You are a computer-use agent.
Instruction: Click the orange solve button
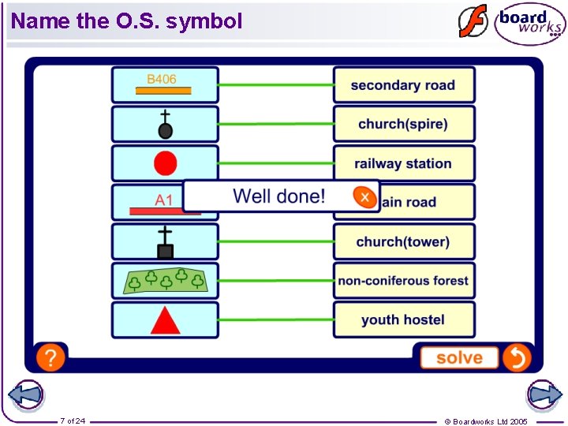tap(459, 357)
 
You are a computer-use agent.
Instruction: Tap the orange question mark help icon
tap(50, 357)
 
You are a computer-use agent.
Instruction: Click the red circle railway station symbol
tap(165, 163)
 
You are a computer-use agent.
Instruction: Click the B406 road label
tap(163, 80)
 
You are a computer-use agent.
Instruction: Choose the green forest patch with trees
tap(165, 280)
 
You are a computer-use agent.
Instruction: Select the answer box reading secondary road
tap(403, 85)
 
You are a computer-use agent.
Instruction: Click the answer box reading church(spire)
tap(403, 124)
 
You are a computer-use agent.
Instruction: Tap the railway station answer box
tap(403, 163)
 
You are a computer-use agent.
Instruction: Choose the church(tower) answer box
tap(403, 241)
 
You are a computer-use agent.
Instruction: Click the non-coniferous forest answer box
tap(403, 280)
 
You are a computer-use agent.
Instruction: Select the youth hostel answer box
tap(403, 319)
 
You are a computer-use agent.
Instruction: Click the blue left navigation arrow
tap(24, 395)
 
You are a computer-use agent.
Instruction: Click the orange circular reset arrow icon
tap(516, 357)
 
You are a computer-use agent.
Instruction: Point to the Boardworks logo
tap(529, 24)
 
